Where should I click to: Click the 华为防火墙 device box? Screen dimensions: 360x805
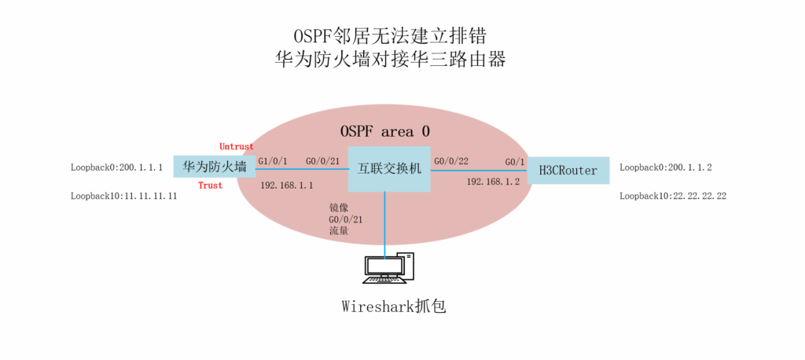pyautogui.click(x=215, y=167)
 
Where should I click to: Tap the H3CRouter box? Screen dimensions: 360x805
pyautogui.click(x=568, y=170)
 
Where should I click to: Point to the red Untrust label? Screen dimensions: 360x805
pyautogui.click(x=237, y=146)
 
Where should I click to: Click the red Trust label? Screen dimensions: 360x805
pyautogui.click(x=210, y=186)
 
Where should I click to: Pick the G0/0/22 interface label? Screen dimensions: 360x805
pyautogui.click(x=453, y=161)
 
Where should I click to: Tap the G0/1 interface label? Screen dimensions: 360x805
pyautogui.click(x=515, y=162)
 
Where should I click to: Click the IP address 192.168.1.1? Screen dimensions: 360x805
pyautogui.click(x=286, y=185)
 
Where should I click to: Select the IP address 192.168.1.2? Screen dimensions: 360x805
pyautogui.click(x=493, y=182)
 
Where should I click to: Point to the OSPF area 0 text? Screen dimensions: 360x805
pyautogui.click(x=384, y=130)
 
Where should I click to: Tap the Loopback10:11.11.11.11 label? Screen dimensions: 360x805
pyautogui.click(x=123, y=196)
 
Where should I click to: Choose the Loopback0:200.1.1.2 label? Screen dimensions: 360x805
pyautogui.click(x=666, y=167)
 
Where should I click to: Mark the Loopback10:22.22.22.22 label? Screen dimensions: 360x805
pyautogui.click(x=673, y=196)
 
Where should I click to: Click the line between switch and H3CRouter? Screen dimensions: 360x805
pyautogui.click(x=480, y=169)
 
